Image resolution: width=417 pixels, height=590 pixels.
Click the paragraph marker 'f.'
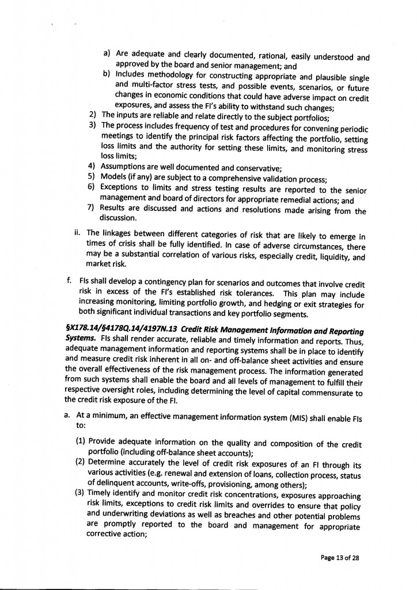point(69,279)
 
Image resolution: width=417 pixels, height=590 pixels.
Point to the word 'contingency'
point(160,279)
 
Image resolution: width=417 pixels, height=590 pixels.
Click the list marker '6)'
point(92,188)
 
